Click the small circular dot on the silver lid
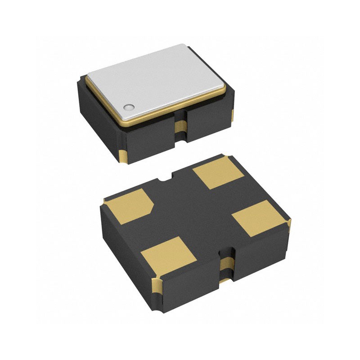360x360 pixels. [129, 107]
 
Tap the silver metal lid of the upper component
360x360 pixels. [157, 79]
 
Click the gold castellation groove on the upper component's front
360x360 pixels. [180, 128]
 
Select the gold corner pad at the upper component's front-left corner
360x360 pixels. [123, 157]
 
